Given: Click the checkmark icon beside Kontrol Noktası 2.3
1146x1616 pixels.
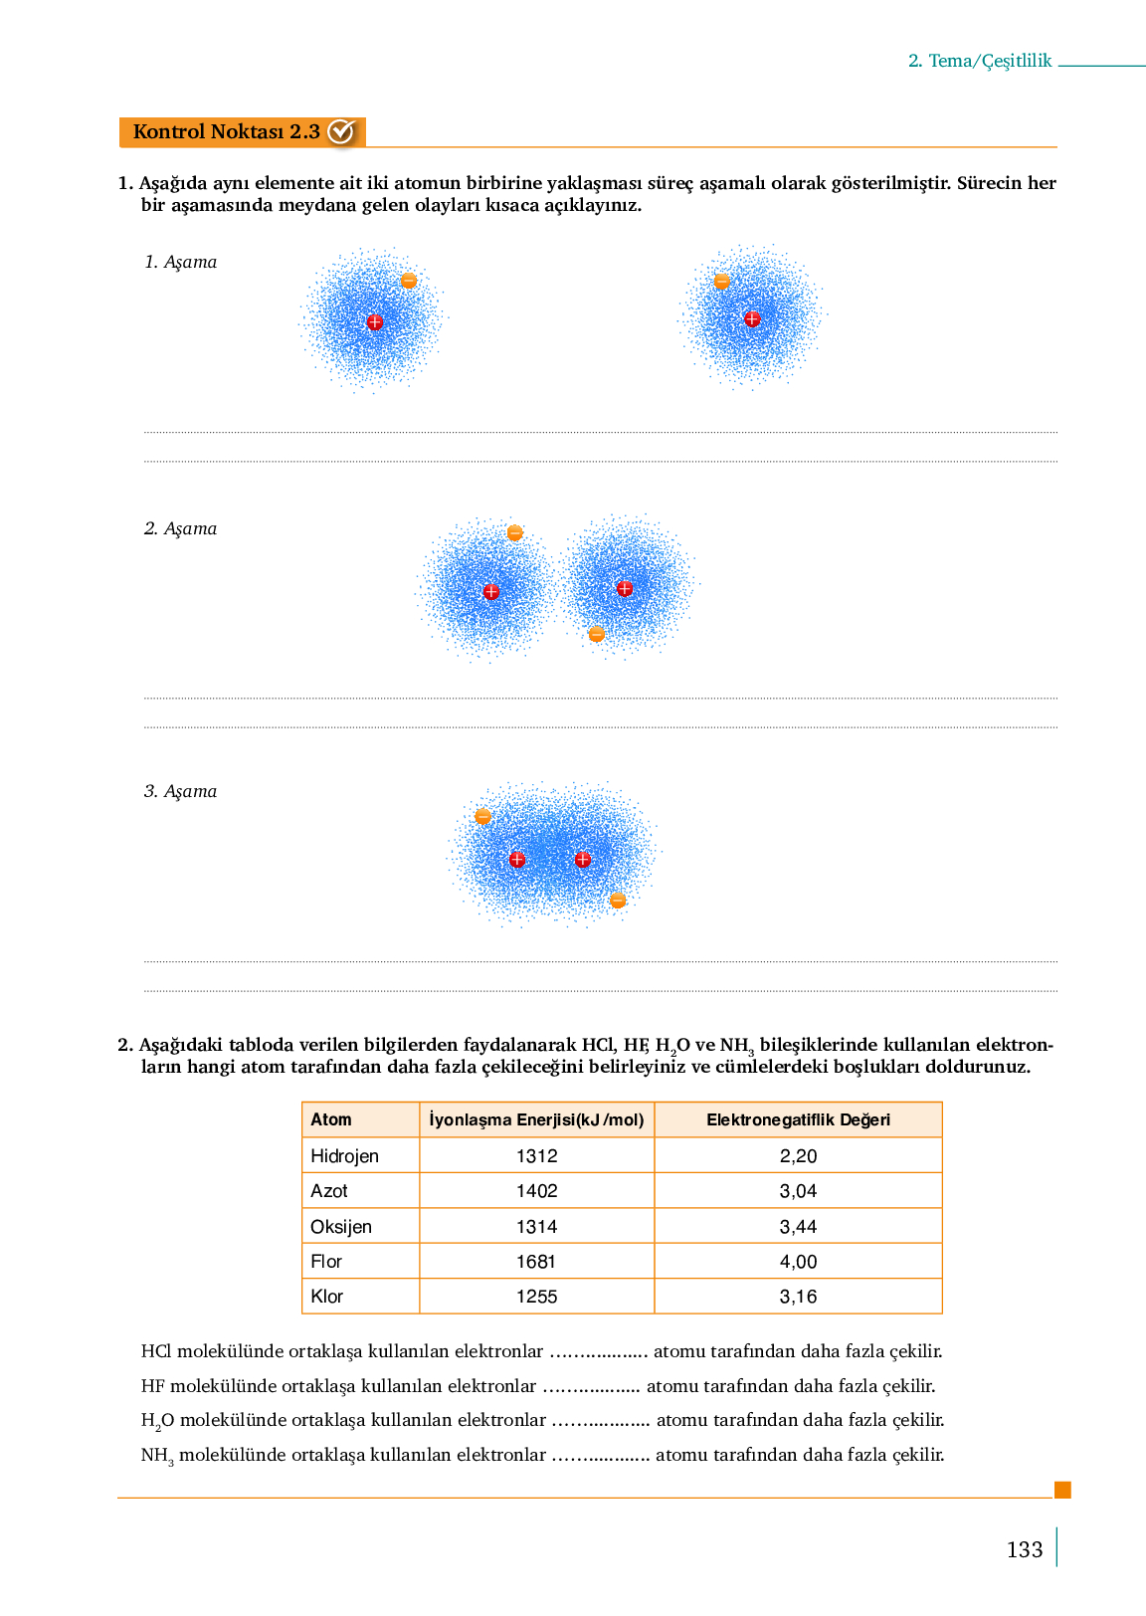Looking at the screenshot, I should (x=341, y=131).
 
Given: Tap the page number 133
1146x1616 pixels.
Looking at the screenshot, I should (x=1024, y=1549).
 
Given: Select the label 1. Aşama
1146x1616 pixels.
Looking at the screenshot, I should (x=180, y=262).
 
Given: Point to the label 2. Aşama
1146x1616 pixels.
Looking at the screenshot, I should (x=180, y=528).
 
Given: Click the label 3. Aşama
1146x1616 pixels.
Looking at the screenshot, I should (x=180, y=791).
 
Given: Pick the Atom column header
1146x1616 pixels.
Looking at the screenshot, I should (x=331, y=1119).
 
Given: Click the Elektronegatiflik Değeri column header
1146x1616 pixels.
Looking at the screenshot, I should (x=798, y=1119).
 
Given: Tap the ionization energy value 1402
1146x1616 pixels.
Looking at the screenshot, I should (x=536, y=1191).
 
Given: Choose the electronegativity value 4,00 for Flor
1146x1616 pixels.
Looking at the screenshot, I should (x=798, y=1262).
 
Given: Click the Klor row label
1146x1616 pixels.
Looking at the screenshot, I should (x=326, y=1297).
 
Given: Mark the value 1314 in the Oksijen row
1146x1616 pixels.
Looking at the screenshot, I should (x=536, y=1227).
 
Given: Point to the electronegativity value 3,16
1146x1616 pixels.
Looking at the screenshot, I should (x=798, y=1297).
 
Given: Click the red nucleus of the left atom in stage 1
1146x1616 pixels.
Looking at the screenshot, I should (x=375, y=321).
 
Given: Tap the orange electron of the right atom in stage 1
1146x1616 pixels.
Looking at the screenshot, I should (x=722, y=282).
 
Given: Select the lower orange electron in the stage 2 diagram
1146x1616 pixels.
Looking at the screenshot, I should (x=596, y=634).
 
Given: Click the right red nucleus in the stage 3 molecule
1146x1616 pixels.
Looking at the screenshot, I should (x=583, y=859).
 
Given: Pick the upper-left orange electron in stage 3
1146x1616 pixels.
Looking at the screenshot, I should (x=483, y=816).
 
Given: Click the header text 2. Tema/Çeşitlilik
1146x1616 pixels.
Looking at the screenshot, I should (x=979, y=61).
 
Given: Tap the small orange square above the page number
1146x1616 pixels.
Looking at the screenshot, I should (x=1062, y=1490).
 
